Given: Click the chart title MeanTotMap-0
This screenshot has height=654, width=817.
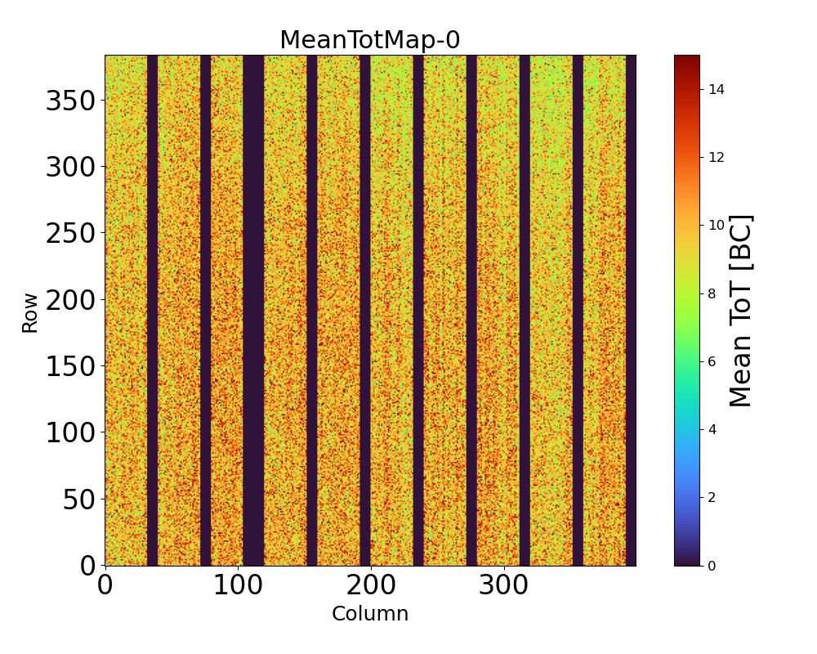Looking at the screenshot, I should pyautogui.click(x=369, y=40).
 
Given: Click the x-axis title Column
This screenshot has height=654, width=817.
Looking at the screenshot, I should pyautogui.click(x=369, y=614).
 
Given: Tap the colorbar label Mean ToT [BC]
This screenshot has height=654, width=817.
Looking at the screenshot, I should pyautogui.click(x=740, y=311).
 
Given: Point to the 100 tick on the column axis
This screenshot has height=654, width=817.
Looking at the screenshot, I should pyautogui.click(x=238, y=586).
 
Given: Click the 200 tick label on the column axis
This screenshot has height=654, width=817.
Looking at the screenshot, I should pyautogui.click(x=371, y=586).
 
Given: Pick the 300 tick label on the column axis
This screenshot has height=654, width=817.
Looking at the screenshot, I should pyautogui.click(x=504, y=586).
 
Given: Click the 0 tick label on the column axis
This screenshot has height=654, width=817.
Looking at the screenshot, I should pyautogui.click(x=105, y=586).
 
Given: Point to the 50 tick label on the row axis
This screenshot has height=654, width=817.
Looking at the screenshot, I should pyautogui.click(x=79, y=499).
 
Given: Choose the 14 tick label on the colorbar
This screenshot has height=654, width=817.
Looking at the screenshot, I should pyautogui.click(x=717, y=89).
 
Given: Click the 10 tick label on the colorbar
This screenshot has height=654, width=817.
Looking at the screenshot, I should pyautogui.click(x=717, y=225).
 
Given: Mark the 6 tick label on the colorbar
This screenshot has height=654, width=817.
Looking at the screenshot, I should pyautogui.click(x=713, y=361).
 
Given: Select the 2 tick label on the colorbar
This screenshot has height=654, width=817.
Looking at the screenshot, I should pyautogui.click(x=713, y=497).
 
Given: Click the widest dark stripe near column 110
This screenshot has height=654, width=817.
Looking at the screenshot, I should pyautogui.click(x=253, y=311).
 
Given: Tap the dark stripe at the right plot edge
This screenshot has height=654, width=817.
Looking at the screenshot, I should pyautogui.click(x=631, y=311).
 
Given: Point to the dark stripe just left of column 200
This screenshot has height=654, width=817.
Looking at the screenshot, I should pyautogui.click(x=365, y=311).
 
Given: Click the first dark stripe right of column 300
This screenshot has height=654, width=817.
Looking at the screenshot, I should pyautogui.click(x=525, y=311).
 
